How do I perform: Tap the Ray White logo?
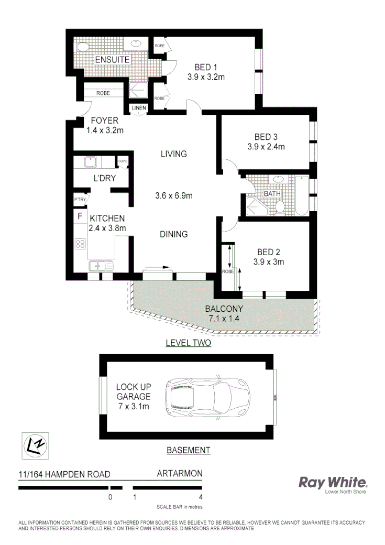[x=333, y=483]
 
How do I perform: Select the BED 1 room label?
[x=206, y=67]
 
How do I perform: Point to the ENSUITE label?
[x=112, y=60]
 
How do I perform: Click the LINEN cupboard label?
[x=139, y=108]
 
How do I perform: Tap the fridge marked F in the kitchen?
[x=80, y=215]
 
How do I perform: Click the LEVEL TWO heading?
[x=188, y=343]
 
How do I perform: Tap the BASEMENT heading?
[x=188, y=450]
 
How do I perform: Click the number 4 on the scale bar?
[x=201, y=497]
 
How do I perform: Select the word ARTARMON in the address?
[x=180, y=473]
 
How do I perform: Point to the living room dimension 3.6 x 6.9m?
[x=174, y=196]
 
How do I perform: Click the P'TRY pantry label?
[x=80, y=199]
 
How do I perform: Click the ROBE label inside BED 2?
[x=228, y=271]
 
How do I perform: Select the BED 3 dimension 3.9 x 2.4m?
[x=266, y=147]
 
